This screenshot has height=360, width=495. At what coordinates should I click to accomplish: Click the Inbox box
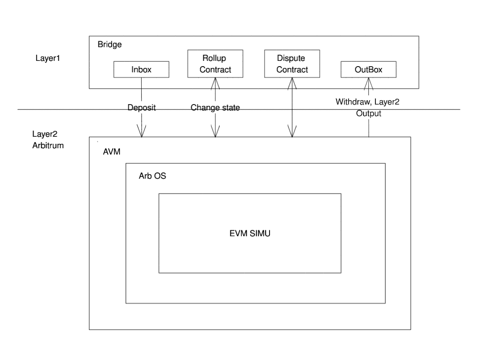[x=141, y=69]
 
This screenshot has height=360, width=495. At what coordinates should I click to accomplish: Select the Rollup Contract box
[x=215, y=64]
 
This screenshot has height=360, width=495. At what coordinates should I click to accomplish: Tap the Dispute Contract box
[x=291, y=64]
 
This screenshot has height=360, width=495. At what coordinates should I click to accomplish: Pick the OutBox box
[x=368, y=69]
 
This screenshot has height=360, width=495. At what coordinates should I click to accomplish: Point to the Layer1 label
[x=47, y=58]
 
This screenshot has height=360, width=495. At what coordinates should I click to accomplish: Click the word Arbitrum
[x=48, y=145]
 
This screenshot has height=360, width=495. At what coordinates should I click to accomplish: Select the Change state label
[x=215, y=107]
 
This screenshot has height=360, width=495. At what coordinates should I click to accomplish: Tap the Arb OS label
[x=152, y=175]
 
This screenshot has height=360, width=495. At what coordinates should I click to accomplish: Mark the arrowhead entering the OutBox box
[x=369, y=82]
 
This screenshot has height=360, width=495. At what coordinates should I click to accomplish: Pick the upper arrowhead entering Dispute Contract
[x=292, y=82]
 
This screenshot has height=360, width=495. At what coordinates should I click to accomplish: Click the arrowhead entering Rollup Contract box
[x=215, y=82]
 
